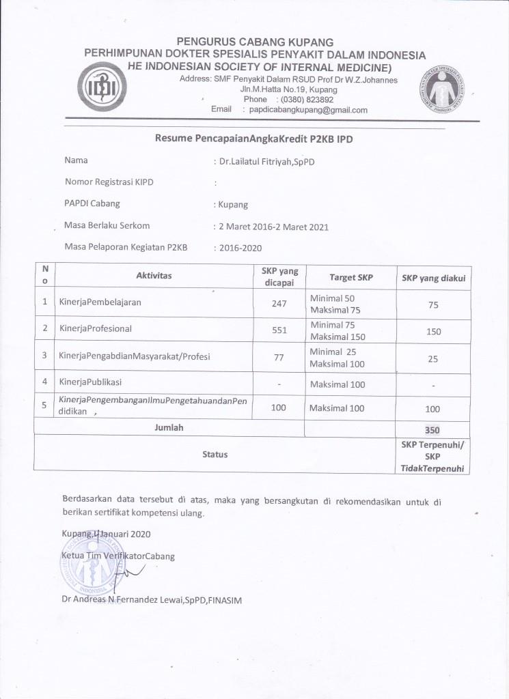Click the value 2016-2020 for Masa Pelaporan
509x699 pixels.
[x=241, y=248]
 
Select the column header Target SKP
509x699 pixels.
[x=350, y=278]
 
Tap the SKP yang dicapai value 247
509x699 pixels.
[x=279, y=304]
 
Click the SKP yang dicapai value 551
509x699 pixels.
[x=279, y=330]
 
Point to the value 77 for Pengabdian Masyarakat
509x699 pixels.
[x=279, y=356]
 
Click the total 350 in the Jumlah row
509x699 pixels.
[x=432, y=431]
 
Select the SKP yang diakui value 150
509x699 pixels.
[x=432, y=331]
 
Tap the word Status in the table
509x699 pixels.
[x=215, y=454]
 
